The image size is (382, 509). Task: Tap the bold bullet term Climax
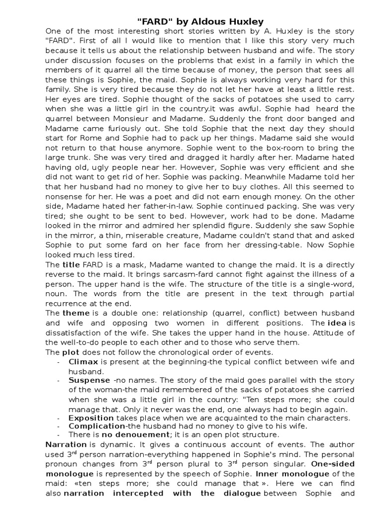83,362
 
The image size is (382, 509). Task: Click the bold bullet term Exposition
92,419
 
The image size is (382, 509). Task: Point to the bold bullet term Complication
96,426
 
